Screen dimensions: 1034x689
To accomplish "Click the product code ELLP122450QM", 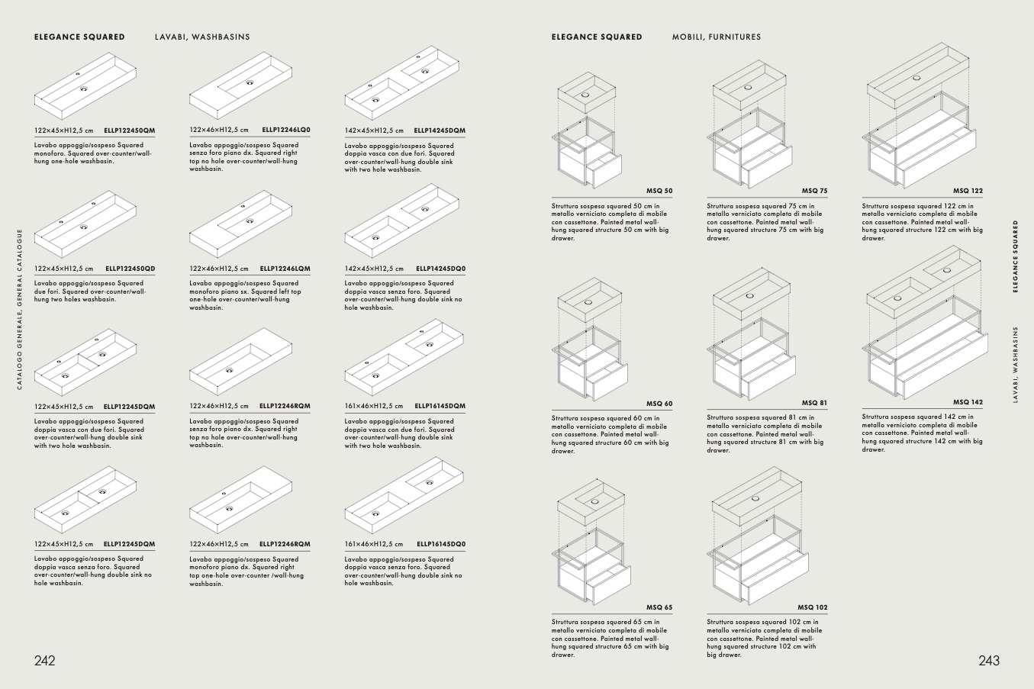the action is tap(129, 130).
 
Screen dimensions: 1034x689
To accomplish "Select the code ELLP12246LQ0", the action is tap(286, 130).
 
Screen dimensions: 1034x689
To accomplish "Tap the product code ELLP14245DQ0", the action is tap(441, 269).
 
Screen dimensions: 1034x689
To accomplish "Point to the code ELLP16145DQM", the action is tap(440, 406).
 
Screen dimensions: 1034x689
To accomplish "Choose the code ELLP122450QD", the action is tap(130, 269).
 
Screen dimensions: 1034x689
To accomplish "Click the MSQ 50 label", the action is tap(659, 191).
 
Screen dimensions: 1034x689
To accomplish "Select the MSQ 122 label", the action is tap(968, 191).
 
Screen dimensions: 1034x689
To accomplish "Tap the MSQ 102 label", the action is tap(813, 607).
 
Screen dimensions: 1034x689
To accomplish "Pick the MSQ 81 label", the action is tap(814, 403).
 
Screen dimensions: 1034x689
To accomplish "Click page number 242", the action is tap(45, 661).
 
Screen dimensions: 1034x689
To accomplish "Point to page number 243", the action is tap(989, 661).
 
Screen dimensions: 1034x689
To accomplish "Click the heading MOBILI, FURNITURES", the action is tap(717, 37).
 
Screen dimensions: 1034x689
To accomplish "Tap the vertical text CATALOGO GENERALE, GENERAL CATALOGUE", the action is tap(19, 309).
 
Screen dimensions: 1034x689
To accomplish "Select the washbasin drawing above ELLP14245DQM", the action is tap(402, 82).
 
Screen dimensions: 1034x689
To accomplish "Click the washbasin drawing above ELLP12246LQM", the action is tap(240, 224).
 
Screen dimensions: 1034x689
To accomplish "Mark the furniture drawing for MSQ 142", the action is tap(925, 323).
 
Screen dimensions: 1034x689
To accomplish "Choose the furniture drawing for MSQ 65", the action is tap(591, 542).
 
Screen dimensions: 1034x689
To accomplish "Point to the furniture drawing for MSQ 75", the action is tap(749, 124).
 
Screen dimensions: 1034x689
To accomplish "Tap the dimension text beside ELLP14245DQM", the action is tap(374, 130).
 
